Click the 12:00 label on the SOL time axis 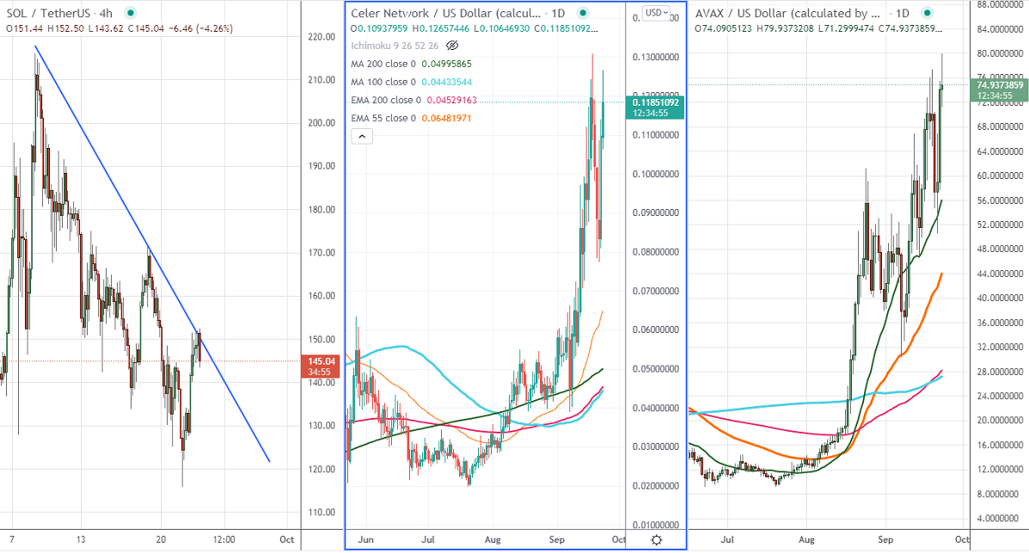(224, 539)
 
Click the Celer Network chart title (447, 14)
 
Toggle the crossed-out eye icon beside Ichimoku (453, 46)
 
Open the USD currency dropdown (658, 13)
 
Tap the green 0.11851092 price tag (656, 102)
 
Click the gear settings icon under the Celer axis (656, 540)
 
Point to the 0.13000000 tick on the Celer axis (656, 57)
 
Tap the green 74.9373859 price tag (999, 85)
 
